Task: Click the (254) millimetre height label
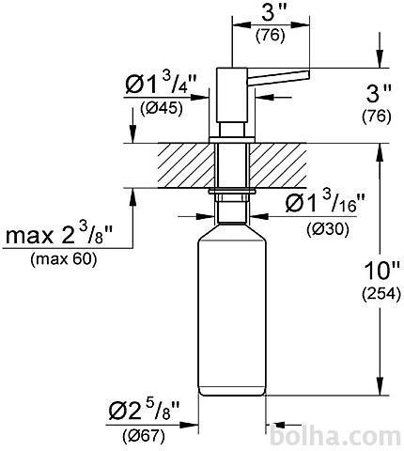click(x=381, y=294)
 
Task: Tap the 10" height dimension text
click(x=382, y=272)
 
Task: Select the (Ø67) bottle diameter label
click(x=144, y=436)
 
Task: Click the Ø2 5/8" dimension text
click(x=144, y=411)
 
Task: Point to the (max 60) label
click(x=64, y=259)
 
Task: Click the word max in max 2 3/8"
click(x=29, y=237)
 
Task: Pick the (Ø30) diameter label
click(x=328, y=229)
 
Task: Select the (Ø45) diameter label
click(x=162, y=109)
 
